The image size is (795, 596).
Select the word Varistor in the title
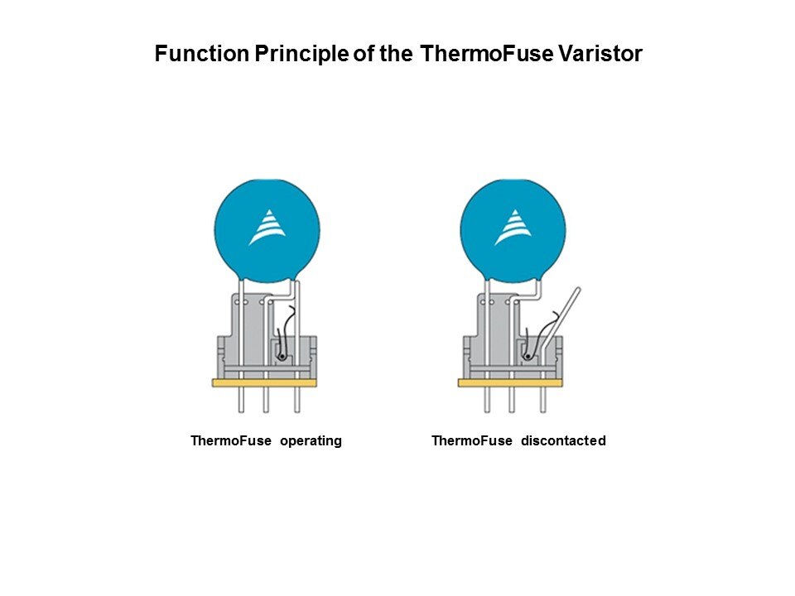tap(600, 54)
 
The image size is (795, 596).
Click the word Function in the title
tap(202, 54)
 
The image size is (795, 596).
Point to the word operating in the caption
tap(311, 441)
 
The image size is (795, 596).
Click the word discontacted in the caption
tap(563, 440)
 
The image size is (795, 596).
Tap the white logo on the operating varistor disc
tap(267, 227)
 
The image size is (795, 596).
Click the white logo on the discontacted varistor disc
tap(513, 227)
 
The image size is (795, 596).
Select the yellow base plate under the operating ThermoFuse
tap(264, 382)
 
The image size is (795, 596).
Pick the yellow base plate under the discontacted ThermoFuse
tap(510, 382)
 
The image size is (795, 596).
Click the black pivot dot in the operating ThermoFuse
tap(282, 357)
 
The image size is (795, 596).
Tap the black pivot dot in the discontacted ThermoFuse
tap(528, 357)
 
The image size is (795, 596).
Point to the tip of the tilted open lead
tap(578, 290)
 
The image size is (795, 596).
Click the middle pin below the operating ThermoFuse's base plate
tap(266, 400)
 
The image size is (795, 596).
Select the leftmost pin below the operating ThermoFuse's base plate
tap(241, 400)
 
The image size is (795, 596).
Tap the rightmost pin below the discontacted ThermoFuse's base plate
tap(543, 400)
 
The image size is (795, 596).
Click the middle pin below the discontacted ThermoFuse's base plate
tap(512, 400)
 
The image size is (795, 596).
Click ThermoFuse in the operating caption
tap(231, 440)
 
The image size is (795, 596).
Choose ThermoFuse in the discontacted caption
tap(472, 440)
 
